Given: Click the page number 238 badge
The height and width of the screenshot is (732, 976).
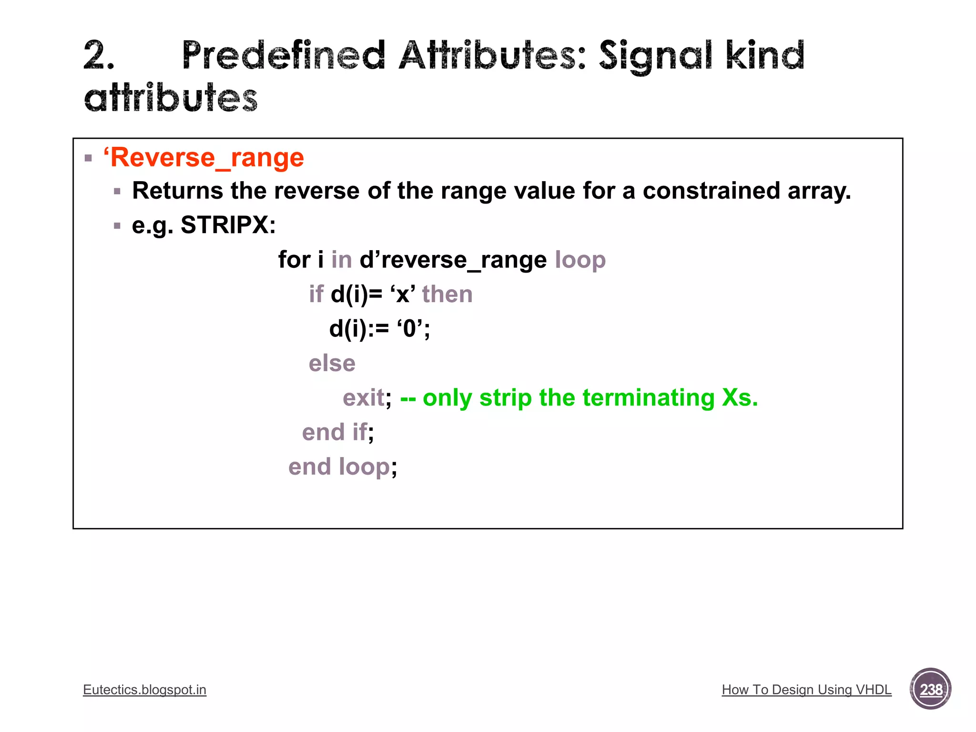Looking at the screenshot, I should (x=930, y=689).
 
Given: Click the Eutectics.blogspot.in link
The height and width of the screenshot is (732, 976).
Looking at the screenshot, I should (x=144, y=690).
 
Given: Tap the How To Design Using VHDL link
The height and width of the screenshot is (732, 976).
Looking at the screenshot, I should (x=806, y=690).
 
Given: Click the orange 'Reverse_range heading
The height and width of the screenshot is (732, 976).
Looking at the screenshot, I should (x=203, y=158).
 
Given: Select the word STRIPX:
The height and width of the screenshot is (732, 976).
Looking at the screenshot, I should (x=228, y=225).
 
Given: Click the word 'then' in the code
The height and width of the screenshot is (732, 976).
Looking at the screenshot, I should (x=447, y=294).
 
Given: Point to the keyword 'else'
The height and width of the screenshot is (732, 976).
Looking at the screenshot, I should (x=332, y=364).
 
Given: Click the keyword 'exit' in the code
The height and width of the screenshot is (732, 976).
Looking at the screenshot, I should (x=363, y=397).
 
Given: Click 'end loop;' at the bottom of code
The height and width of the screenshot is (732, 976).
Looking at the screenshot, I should (x=342, y=467).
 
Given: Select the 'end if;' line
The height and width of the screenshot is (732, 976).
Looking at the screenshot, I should (x=337, y=432).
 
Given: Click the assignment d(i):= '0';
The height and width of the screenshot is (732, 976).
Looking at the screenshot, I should (x=379, y=329).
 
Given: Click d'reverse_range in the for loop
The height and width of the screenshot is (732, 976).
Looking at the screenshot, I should (x=453, y=260).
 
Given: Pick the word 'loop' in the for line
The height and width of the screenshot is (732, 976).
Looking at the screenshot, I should (x=580, y=260).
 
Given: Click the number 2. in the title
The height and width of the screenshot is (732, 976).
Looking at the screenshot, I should (x=99, y=56).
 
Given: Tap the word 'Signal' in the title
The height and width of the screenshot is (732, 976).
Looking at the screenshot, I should (x=656, y=56).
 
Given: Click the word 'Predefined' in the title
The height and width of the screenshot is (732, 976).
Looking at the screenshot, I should (x=283, y=56).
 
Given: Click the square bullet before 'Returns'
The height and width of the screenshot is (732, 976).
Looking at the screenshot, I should (x=117, y=192).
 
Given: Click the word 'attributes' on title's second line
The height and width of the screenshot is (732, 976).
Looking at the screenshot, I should (x=171, y=98).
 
